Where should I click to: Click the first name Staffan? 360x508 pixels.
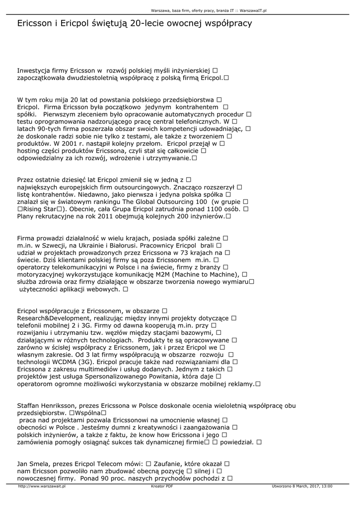click(29, 405)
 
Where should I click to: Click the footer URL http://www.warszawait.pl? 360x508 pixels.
click(42, 487)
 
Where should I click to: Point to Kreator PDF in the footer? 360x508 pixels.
click(162, 487)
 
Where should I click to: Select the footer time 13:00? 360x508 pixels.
click(327, 487)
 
